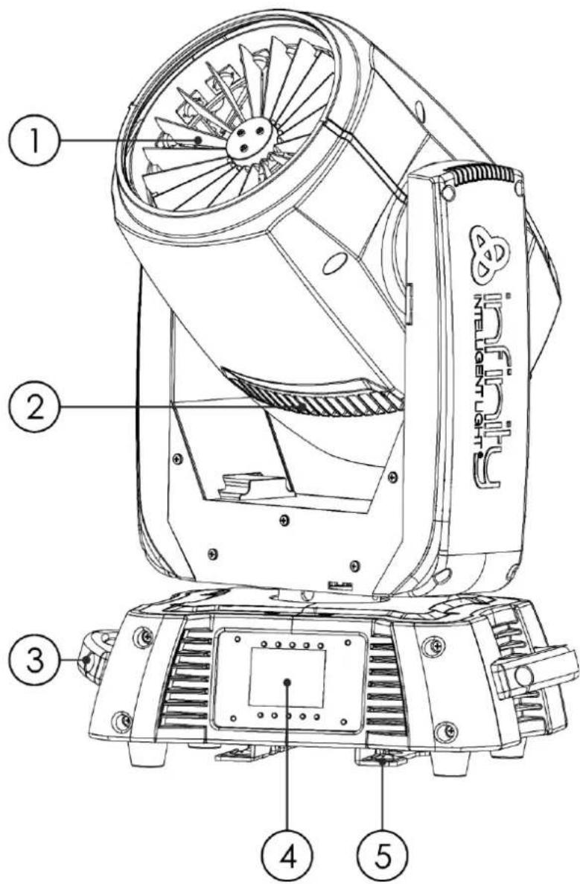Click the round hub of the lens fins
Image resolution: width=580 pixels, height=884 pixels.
point(249,138)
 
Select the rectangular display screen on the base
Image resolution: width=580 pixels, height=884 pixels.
point(287,676)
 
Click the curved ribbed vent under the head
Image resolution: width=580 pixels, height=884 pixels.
point(316,395)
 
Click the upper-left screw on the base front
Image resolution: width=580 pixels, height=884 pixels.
point(141,637)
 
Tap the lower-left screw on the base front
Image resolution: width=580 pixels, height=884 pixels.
point(121,719)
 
